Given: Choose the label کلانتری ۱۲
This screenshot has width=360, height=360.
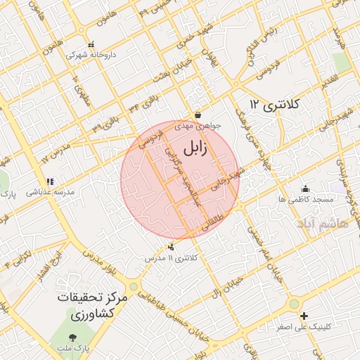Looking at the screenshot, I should coord(274,105).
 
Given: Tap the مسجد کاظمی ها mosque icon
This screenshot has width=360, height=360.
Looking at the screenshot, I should coord(305,188).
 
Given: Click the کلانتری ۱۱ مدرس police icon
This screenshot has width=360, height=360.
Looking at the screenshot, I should coord(172,247).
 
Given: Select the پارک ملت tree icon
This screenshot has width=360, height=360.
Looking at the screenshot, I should coord(73,337).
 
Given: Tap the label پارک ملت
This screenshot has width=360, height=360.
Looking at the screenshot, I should coord(72,349).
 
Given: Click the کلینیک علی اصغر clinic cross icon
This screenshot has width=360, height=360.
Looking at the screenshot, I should coord(304,316).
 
